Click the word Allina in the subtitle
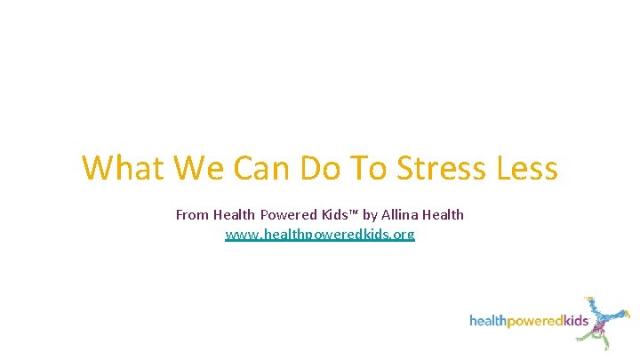401,214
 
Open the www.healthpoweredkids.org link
320,235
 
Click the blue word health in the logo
487,321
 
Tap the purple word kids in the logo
573,321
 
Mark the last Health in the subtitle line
444,214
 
